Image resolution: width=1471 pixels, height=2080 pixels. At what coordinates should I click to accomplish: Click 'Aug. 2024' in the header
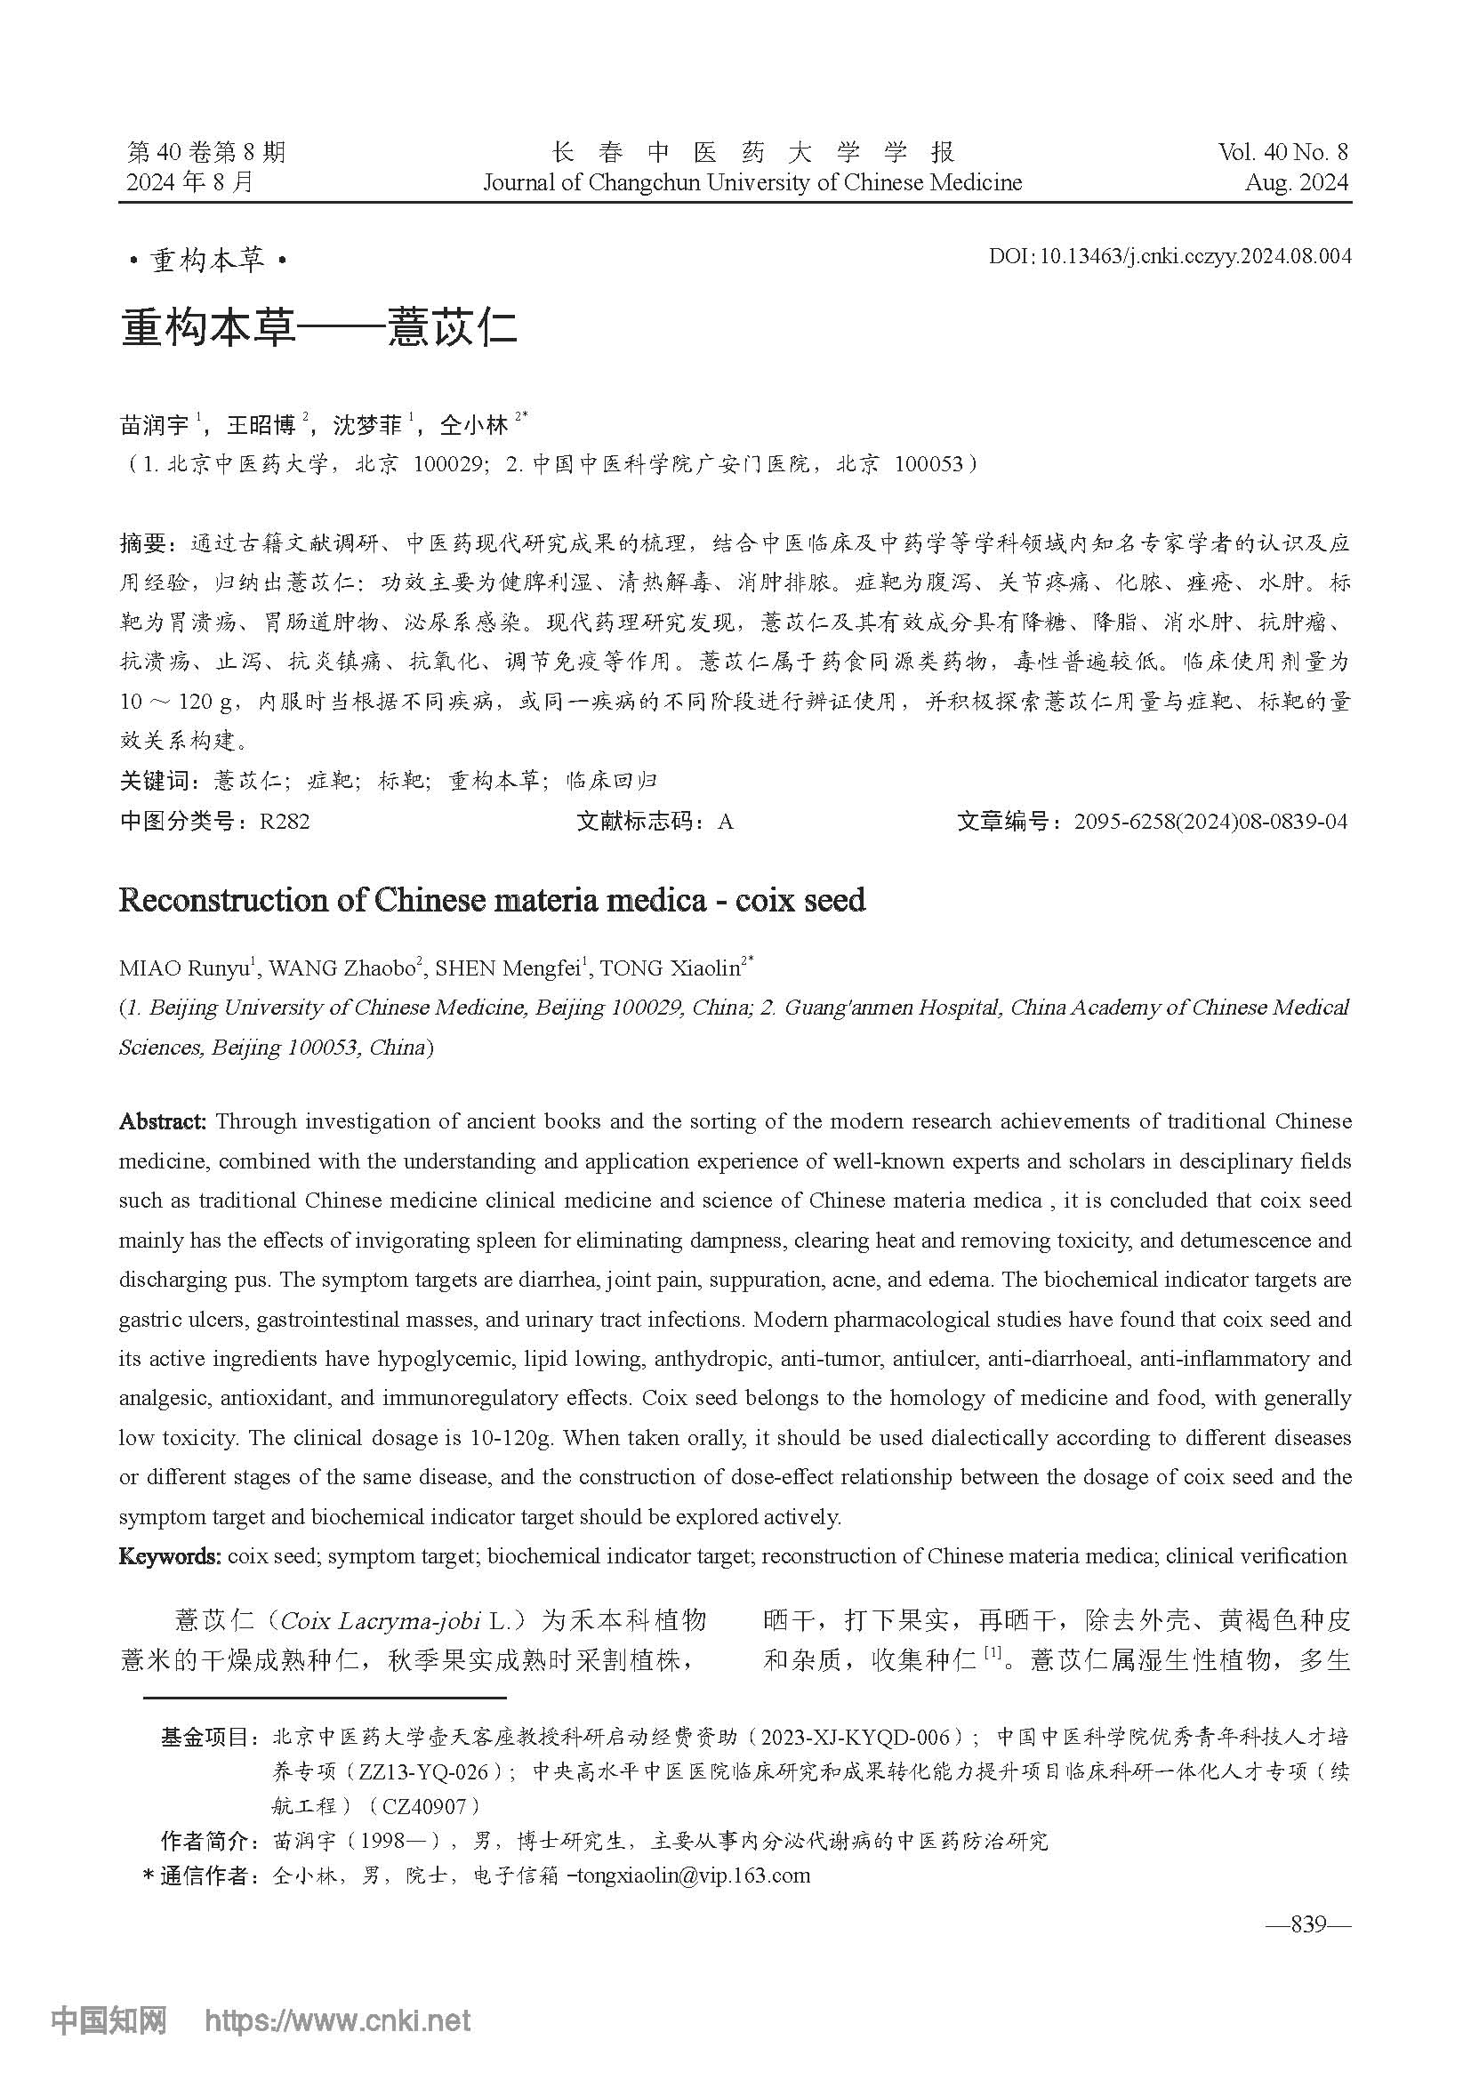click(x=1296, y=182)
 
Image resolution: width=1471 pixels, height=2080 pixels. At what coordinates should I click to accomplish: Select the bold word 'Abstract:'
click(x=163, y=1121)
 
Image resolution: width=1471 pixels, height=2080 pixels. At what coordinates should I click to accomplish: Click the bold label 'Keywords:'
click(x=169, y=1556)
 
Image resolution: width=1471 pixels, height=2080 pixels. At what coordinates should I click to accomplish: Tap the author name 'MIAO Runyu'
click(x=184, y=968)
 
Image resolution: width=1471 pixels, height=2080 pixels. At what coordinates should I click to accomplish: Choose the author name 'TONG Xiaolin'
click(x=670, y=968)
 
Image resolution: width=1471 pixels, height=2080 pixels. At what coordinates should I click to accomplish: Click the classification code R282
click(x=285, y=822)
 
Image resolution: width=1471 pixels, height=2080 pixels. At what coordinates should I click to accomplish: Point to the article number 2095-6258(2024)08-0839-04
click(x=1210, y=822)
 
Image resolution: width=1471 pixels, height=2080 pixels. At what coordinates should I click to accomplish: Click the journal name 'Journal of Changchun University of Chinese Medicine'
click(x=752, y=183)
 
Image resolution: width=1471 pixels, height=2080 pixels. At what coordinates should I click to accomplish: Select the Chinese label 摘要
click(x=142, y=543)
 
